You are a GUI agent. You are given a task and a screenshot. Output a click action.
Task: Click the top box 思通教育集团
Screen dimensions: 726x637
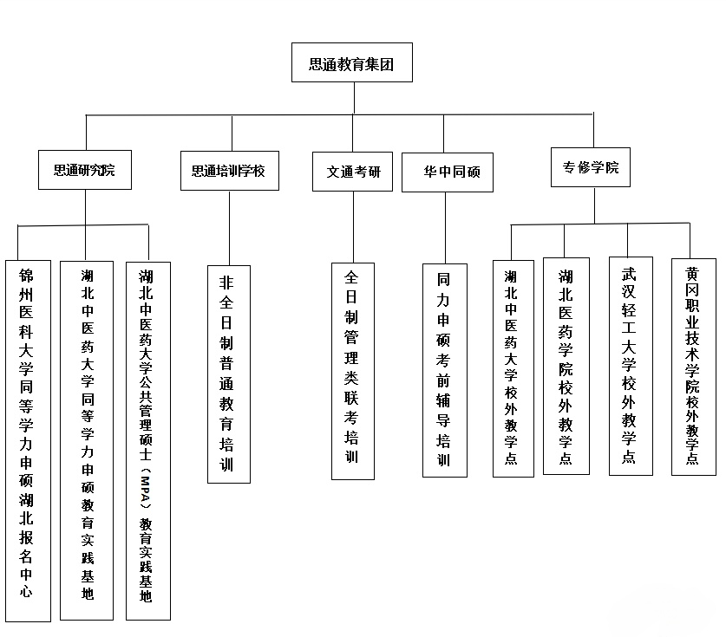[x=352, y=62]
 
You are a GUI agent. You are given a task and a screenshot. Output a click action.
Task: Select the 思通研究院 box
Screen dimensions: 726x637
[x=85, y=170]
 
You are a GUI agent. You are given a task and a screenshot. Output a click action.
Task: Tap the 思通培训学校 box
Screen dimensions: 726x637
[x=230, y=171]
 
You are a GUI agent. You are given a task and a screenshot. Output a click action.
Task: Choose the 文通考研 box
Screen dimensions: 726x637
[x=352, y=172]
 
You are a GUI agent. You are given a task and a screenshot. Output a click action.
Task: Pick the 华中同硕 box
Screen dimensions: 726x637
[x=448, y=172]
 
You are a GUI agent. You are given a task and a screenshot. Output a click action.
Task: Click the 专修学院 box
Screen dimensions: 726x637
[x=591, y=167]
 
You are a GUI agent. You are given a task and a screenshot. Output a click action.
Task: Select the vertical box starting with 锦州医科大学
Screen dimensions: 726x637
[x=28, y=441]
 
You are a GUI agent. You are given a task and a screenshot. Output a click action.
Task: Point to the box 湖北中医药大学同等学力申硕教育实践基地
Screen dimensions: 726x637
[x=87, y=440]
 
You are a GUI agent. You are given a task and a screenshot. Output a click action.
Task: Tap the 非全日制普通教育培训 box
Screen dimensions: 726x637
[x=229, y=374]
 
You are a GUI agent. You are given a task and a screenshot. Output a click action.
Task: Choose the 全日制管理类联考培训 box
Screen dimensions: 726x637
[x=353, y=371]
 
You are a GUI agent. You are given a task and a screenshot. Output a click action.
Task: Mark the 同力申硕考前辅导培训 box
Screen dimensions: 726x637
[x=444, y=370]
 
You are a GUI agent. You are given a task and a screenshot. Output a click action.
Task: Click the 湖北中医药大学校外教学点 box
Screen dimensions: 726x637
[x=513, y=368]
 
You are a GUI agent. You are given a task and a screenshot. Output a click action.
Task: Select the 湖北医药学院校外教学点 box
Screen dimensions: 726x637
[x=566, y=366]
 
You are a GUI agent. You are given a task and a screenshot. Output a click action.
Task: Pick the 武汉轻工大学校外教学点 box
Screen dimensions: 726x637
[x=631, y=366]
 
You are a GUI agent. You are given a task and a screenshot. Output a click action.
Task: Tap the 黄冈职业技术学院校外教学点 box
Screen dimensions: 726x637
[x=694, y=367]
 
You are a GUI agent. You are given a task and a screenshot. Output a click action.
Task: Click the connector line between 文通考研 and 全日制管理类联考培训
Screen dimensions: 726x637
[x=353, y=227]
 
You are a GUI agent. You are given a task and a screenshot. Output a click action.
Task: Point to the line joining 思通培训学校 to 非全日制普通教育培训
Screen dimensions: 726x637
[x=229, y=228]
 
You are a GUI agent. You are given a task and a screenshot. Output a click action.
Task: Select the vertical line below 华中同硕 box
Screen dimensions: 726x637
[x=446, y=228]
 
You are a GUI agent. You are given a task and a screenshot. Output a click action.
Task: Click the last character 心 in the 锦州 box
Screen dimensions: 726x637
[x=26, y=591]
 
